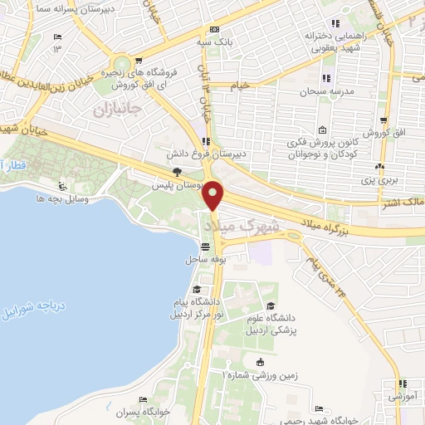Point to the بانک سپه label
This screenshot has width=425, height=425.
225,40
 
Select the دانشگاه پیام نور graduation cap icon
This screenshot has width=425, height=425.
197,290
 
